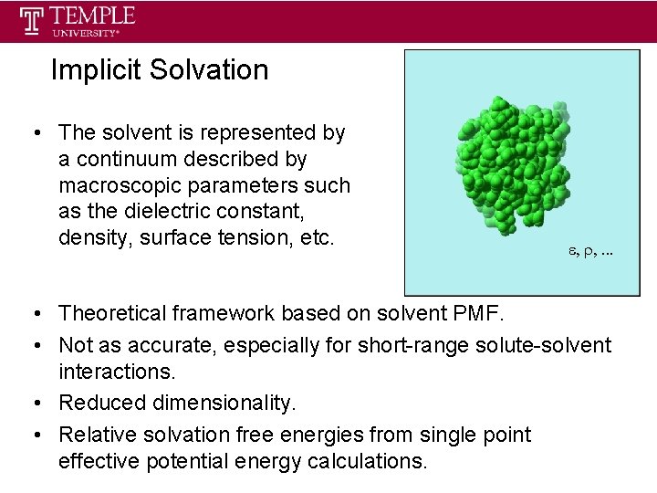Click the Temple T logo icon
34,21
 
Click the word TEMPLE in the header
93,16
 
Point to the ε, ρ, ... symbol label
587,248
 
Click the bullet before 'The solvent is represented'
32,133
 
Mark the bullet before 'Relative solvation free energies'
32,435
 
